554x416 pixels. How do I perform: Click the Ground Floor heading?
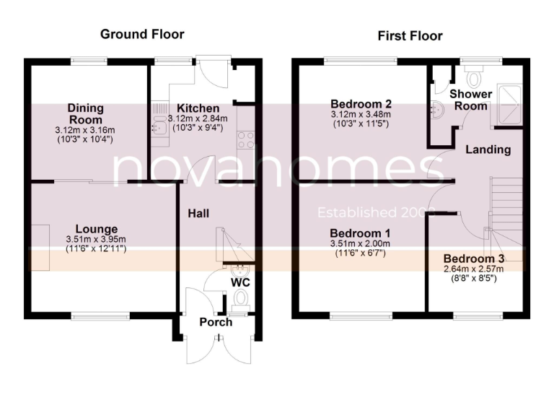(142, 34)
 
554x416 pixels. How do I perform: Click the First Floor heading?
(410, 35)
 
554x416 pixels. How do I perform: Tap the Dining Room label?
(85, 113)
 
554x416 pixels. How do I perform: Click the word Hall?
(199, 214)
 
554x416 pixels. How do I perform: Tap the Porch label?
(216, 322)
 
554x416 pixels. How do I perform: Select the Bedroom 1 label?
(359, 233)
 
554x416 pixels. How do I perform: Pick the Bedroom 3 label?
(473, 259)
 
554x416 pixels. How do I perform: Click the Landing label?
(488, 149)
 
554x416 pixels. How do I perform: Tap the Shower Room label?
(470, 99)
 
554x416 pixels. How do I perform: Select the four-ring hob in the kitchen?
(246, 139)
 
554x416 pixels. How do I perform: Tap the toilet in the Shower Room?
(475, 75)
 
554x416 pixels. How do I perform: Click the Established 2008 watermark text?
(378, 212)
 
